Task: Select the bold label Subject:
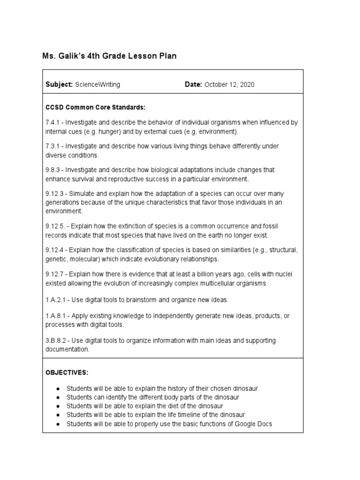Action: pos(59,84)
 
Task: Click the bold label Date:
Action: pos(193,84)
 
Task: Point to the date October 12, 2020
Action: pos(230,84)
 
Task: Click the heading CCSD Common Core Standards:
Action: pos(89,107)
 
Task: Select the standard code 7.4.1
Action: pos(52,122)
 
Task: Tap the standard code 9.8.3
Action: pos(52,170)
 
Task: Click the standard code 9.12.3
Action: pos(54,194)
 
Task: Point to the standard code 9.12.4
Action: pos(54,250)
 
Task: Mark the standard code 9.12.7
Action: pos(54,274)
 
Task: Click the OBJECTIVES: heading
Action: pos(67,372)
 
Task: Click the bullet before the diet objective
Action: pos(57,406)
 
